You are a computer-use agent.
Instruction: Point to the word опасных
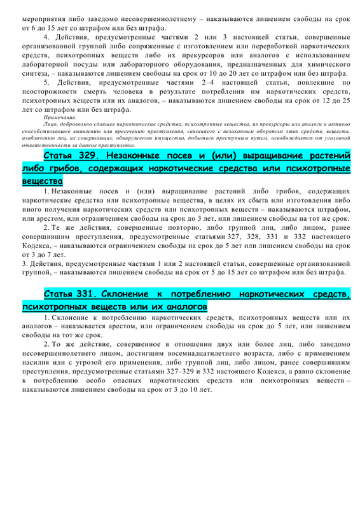click(120, 377)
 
